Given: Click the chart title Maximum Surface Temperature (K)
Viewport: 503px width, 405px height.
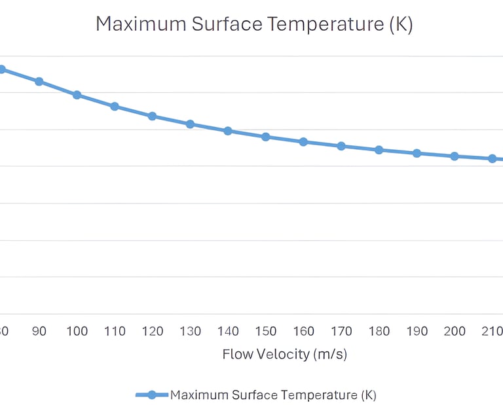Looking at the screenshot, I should (254, 25).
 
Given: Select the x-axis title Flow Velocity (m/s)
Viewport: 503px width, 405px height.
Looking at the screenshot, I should (284, 355).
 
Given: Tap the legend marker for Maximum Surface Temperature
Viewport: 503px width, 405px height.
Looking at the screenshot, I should (152, 395).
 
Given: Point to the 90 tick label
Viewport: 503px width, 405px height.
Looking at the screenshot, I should (39, 332).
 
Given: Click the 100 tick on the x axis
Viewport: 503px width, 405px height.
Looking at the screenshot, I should (77, 332).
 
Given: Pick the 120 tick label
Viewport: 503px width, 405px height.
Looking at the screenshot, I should (153, 332).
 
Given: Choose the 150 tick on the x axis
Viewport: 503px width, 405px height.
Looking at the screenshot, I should (266, 332).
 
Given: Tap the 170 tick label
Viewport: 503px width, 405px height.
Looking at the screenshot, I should (341, 332).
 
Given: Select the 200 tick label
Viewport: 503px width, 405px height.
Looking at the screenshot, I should (455, 332).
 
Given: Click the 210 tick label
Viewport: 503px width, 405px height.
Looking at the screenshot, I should (491, 332).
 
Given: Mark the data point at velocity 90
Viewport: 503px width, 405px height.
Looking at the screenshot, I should (39, 82).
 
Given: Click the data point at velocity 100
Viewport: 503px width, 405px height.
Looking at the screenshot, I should (77, 95).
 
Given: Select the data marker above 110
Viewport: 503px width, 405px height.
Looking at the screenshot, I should (115, 106).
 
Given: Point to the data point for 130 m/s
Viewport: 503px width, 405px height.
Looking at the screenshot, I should (190, 124).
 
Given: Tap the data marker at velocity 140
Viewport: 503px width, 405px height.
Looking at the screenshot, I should (228, 131).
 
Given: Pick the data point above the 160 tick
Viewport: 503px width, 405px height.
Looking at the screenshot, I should (303, 142).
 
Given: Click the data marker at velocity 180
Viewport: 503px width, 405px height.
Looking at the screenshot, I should (379, 150).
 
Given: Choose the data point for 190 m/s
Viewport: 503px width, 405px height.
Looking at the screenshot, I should (417, 153).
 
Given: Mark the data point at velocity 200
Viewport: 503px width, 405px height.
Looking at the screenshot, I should (455, 156).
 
